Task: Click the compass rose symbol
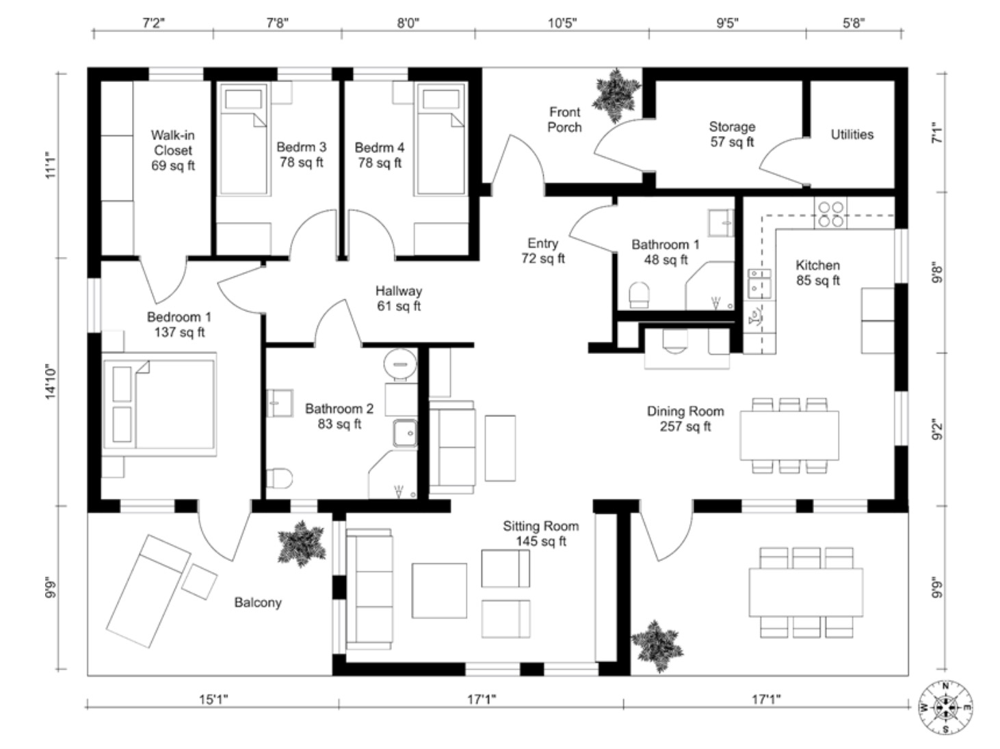point(945,707)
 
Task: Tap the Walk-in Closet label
point(173,150)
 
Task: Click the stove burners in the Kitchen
point(830,214)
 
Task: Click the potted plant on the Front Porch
point(617,94)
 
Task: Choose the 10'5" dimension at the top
point(562,23)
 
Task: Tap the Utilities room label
point(852,135)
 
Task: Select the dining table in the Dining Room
point(789,435)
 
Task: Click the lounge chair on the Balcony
point(148,590)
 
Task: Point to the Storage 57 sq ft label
point(732,134)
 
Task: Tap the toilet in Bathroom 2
point(279,478)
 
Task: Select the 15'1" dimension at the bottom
point(213,699)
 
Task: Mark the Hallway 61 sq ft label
point(399,299)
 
